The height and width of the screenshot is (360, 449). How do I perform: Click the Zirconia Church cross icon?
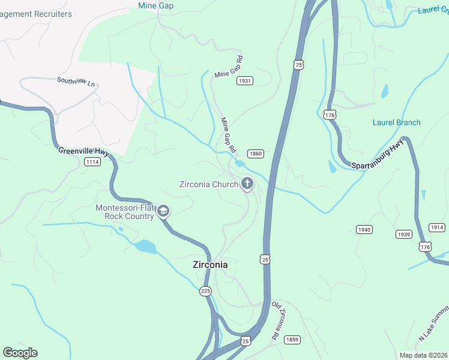tap(247, 184)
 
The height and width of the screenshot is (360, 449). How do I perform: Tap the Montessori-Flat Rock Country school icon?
tap(163, 211)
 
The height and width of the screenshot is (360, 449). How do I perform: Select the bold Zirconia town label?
tap(209, 264)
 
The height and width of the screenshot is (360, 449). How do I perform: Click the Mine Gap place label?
tap(155, 6)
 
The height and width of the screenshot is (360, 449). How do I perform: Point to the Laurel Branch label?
tap(396, 122)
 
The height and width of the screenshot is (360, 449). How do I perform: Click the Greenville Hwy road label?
tap(83, 152)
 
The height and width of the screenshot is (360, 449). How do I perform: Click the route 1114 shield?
tap(92, 162)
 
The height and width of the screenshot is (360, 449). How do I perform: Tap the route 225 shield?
tap(205, 291)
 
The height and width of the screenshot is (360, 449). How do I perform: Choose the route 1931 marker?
tap(244, 81)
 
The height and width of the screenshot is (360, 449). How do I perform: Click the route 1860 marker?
tap(255, 154)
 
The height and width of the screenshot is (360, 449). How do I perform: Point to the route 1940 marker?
tap(364, 230)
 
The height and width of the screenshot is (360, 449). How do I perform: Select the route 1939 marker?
tap(403, 233)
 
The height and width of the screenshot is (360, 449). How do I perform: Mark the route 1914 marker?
tap(437, 227)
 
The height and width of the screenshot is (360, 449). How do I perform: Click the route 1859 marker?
tap(292, 340)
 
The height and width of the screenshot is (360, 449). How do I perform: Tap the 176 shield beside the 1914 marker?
tap(425, 247)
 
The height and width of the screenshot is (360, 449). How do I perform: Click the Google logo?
tap(20, 353)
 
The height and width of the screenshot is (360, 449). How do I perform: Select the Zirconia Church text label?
tap(209, 184)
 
